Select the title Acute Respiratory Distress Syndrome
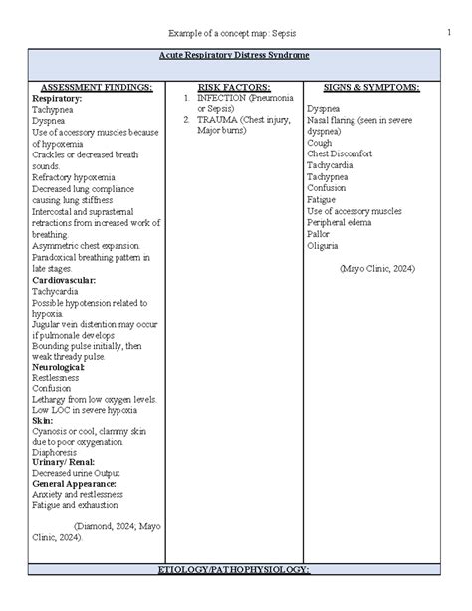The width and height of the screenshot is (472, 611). point(235,55)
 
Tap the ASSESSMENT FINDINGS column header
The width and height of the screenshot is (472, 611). point(93,88)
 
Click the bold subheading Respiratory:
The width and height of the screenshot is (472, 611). point(58,100)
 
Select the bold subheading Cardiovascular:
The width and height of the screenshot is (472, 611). point(68,280)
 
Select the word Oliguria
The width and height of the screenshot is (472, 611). point(324,245)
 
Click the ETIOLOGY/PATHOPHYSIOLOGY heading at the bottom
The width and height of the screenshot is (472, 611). point(235,596)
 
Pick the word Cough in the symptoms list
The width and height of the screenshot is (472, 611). point(320,143)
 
